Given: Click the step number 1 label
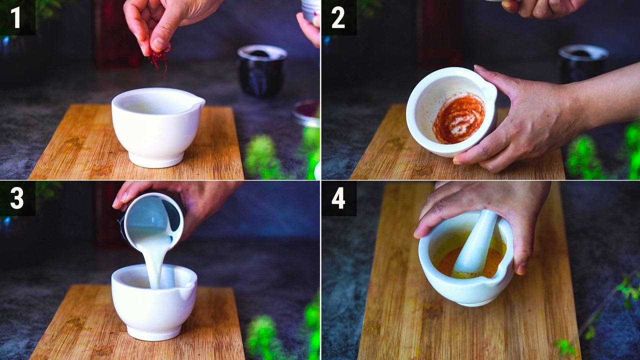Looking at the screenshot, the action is [16, 17].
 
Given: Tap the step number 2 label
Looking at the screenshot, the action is [338, 17].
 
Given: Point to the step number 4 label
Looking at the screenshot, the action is [338, 198].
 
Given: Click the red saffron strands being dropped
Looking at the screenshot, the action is [159, 58].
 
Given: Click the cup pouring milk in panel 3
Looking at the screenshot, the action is [152, 220].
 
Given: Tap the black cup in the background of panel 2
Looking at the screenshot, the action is [583, 64].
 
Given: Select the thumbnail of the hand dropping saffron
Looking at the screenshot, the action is [158, 44].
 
